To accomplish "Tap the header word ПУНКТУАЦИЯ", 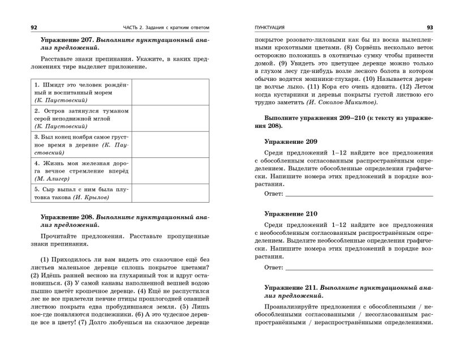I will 270,27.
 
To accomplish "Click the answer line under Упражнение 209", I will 359,195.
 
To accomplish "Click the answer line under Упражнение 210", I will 359,267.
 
